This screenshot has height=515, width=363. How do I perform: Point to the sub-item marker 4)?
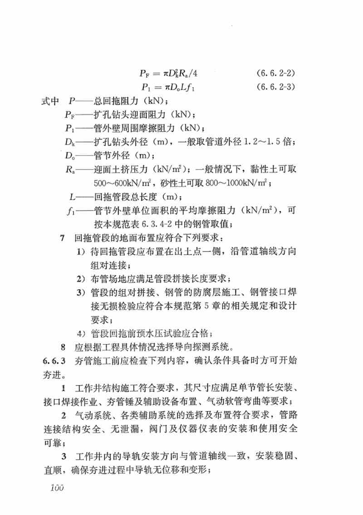click(x=81, y=334)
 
